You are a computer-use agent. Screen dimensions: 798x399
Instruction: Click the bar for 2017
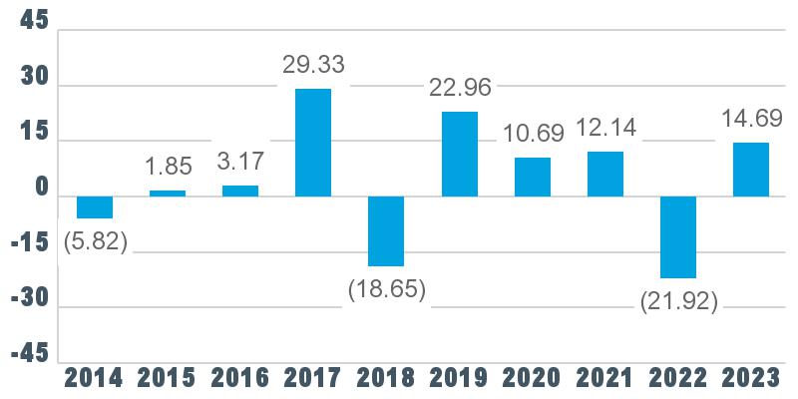pyautogui.click(x=313, y=143)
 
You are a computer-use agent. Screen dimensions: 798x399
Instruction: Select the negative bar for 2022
pyautogui.click(x=678, y=237)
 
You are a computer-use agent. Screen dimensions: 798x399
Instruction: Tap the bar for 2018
pyautogui.click(x=386, y=231)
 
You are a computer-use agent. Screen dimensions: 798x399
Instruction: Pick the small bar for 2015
pyautogui.click(x=168, y=194)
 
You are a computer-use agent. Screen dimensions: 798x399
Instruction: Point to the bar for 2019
pyautogui.click(x=460, y=155)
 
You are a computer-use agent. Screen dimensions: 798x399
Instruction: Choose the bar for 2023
pyautogui.click(x=751, y=170)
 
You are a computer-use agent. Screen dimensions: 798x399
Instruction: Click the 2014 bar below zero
pyautogui.click(x=95, y=207)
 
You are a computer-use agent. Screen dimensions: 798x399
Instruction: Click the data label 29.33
pyautogui.click(x=313, y=65)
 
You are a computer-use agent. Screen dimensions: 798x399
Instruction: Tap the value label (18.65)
pyautogui.click(x=387, y=290)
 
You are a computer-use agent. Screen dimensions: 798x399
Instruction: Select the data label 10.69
pyautogui.click(x=534, y=134)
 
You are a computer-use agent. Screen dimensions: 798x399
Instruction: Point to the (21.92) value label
pyautogui.click(x=679, y=303)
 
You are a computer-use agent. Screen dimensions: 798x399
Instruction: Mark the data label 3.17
pyautogui.click(x=240, y=162)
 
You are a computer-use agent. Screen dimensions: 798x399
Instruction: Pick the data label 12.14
pyautogui.click(x=605, y=128)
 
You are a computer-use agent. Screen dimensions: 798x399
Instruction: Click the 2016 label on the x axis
pyautogui.click(x=240, y=379)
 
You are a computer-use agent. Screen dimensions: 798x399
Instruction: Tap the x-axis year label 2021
pyautogui.click(x=605, y=379)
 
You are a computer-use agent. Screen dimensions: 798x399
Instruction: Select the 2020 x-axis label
pyautogui.click(x=533, y=379)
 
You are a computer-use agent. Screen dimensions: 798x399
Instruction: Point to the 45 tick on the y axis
pyautogui.click(x=35, y=21)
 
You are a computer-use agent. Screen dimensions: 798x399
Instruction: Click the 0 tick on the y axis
pyautogui.click(x=42, y=188)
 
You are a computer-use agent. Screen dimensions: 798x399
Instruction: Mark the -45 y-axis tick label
pyautogui.click(x=31, y=354)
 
